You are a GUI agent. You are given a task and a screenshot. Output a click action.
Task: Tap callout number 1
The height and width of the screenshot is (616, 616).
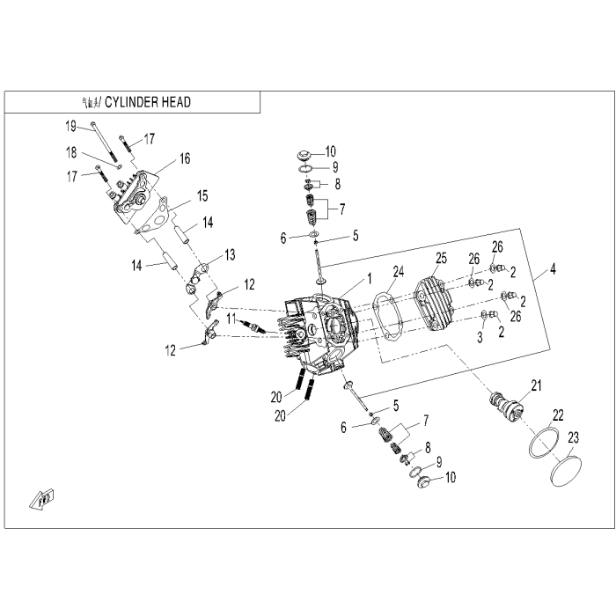coord(370,277)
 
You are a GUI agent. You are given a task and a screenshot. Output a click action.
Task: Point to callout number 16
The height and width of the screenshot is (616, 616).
coord(185,158)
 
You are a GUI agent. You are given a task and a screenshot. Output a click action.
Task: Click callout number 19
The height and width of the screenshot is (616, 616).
coord(71,126)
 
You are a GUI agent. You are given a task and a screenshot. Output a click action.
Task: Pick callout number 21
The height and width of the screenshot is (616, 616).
coord(536,384)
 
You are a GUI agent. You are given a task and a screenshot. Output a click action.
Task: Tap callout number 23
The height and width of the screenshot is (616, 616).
coord(573,436)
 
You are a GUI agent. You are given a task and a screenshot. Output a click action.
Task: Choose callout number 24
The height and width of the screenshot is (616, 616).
coord(398,271)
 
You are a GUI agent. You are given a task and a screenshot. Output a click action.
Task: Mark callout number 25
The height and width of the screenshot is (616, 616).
coord(442,258)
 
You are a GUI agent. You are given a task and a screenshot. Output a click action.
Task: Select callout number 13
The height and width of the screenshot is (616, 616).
coord(230,254)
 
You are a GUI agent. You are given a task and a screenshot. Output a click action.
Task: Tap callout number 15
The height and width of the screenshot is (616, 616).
coord(202,194)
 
